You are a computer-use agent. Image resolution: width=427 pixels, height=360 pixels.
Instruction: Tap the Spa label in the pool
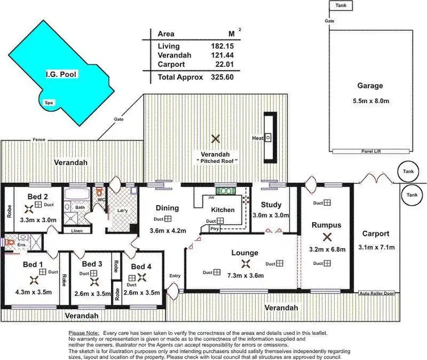click(50, 103)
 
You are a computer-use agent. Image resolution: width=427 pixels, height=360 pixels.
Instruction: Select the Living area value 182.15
click(223, 46)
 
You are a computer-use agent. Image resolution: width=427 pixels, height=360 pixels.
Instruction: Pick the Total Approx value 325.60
click(222, 77)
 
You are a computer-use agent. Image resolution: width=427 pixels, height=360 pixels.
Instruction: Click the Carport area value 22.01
click(224, 66)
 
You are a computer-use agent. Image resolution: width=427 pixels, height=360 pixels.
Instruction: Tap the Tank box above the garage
click(341, 5)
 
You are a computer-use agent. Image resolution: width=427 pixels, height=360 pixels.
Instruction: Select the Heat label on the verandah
click(257, 138)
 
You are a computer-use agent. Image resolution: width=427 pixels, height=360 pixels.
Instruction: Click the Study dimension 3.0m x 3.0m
click(271, 215)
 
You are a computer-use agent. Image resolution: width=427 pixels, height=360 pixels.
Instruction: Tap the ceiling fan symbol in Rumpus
click(326, 238)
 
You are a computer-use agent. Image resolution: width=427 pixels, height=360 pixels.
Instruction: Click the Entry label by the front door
click(175, 276)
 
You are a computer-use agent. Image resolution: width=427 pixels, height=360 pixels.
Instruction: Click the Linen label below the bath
click(77, 231)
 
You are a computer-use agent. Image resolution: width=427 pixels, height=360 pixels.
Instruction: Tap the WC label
click(101, 200)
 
